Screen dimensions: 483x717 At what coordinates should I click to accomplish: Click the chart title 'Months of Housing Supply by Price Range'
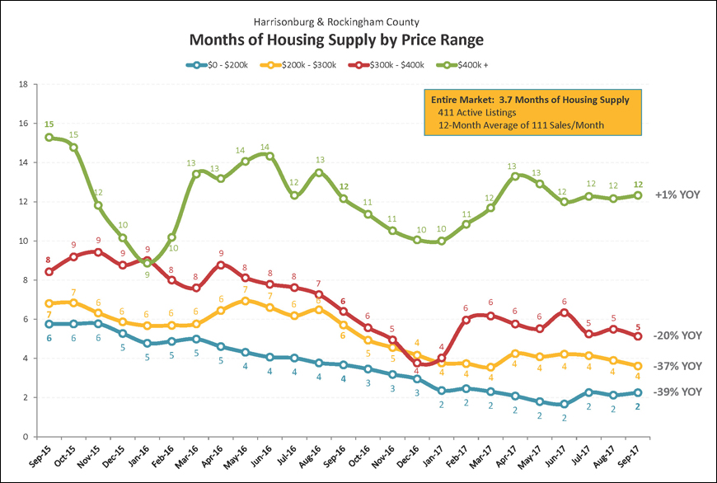point(359,40)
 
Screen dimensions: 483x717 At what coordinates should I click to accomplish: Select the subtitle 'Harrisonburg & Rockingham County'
point(358,21)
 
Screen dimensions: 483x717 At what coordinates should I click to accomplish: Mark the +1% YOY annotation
point(677,195)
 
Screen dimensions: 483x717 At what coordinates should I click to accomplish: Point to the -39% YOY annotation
point(677,392)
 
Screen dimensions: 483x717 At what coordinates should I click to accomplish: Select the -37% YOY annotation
point(677,365)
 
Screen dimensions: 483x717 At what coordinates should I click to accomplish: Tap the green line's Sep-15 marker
point(49,138)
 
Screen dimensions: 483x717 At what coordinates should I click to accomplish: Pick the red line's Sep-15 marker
point(49,271)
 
